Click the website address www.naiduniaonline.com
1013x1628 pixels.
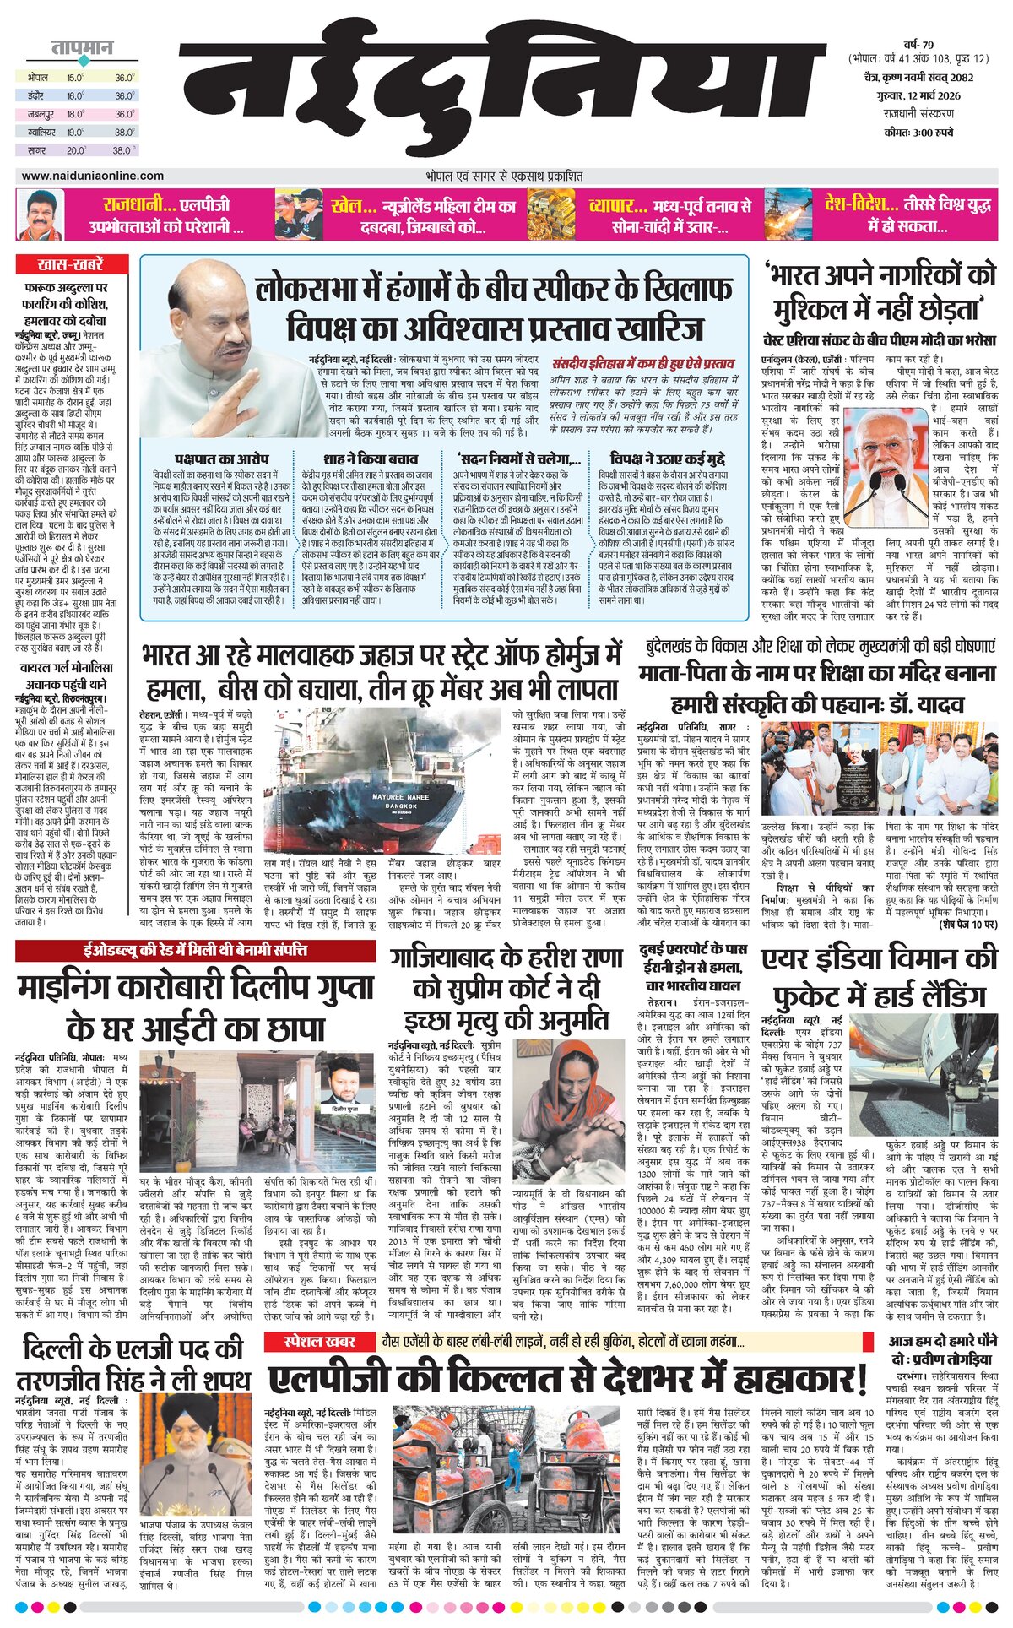[x=93, y=176]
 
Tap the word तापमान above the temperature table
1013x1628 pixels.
[x=81, y=48]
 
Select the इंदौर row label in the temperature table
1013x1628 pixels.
[x=35, y=95]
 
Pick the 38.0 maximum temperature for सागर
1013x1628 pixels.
[x=124, y=150]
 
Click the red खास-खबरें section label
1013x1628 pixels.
[x=71, y=264]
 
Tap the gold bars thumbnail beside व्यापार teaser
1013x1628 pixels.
[x=551, y=214]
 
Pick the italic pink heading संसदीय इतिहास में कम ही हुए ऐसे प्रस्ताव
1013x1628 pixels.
[x=642, y=363]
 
